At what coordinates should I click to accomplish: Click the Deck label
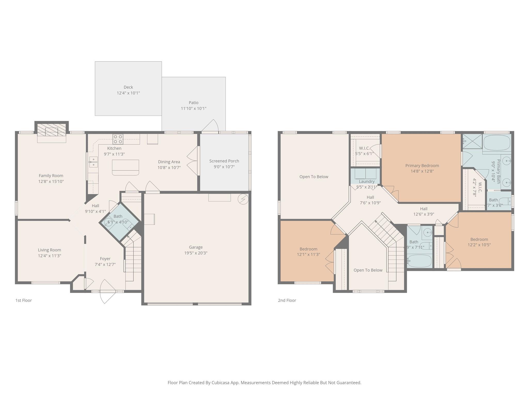128,87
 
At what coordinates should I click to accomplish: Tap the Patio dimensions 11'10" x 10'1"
193,108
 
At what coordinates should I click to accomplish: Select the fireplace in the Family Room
52,130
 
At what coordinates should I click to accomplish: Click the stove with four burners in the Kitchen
118,139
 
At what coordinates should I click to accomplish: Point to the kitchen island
126,167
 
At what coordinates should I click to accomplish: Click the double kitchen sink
93,162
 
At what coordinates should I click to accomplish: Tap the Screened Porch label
224,161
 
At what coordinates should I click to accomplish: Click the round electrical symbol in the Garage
243,199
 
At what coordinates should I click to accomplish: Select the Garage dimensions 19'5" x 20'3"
196,253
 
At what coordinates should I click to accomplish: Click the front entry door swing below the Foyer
107,294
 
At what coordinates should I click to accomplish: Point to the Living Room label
49,250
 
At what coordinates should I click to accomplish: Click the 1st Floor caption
24,300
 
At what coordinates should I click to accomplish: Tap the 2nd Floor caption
287,300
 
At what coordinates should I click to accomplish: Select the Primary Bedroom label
422,166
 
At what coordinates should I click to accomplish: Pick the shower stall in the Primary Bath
472,141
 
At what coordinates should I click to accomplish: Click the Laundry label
366,181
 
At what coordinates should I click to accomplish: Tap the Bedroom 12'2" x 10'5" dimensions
479,245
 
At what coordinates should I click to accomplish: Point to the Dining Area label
169,162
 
